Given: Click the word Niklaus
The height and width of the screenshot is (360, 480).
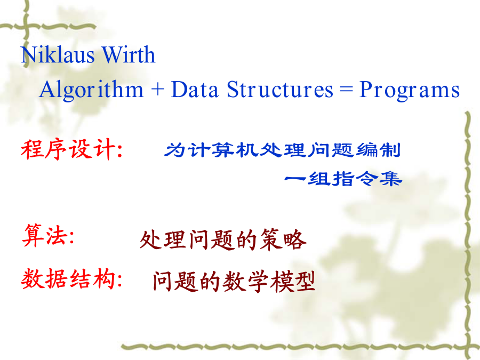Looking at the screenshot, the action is (58, 54).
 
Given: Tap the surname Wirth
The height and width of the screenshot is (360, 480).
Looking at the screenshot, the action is (129, 54).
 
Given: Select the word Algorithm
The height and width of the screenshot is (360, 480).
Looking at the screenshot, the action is (92, 90).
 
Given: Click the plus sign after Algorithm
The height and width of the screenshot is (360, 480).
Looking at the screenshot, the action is (158, 90).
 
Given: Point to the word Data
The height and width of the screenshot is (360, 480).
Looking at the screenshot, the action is (195, 90).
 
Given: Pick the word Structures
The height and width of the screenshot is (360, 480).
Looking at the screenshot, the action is (280, 90).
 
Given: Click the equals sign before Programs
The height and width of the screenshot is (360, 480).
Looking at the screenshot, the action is (346, 90).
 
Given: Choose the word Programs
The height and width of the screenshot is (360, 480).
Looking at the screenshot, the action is (410, 90).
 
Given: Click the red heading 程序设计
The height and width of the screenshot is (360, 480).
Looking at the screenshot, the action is (68, 149).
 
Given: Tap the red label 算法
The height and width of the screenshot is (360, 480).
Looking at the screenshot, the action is (45, 235).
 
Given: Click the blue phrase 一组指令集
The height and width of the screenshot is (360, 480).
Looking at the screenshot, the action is (343, 179).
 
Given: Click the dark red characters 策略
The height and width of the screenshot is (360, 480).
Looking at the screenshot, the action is (283, 240).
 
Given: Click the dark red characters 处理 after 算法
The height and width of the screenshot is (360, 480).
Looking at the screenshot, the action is (163, 240).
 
